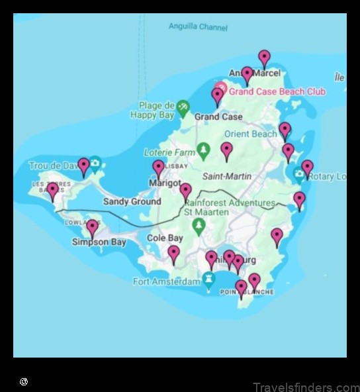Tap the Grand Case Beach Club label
tap(277, 92)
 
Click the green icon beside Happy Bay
tap(183, 106)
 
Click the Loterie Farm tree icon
tap(204, 149)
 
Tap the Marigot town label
tap(165, 182)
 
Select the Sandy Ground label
tap(132, 201)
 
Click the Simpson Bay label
tap(99, 242)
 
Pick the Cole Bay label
tap(165, 238)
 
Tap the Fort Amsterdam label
tap(166, 282)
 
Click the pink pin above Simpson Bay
tap(92, 228)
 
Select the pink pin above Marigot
tap(158, 168)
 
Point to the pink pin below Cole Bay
tap(173, 254)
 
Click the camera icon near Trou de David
tap(95, 163)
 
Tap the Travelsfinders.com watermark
tap(305, 387)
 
